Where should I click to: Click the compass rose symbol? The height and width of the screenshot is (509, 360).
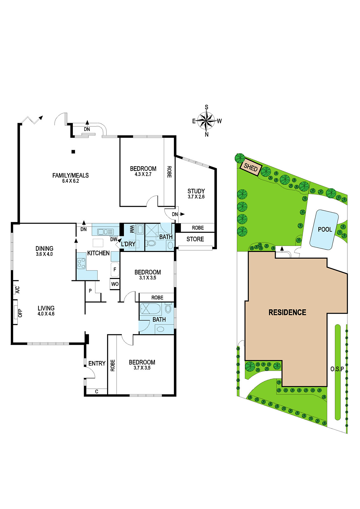pos(206,121)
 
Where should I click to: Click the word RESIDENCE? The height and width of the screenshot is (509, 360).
pos(287,313)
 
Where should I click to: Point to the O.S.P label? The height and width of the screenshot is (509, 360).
pos(337,369)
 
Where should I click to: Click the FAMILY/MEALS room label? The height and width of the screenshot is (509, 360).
pos(70,175)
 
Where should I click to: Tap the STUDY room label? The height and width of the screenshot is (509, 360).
pos(196,191)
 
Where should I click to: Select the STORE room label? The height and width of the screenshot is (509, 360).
pos(195,239)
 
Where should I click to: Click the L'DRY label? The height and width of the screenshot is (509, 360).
pos(128,244)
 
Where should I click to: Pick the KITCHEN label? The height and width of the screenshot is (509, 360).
pos(98,253)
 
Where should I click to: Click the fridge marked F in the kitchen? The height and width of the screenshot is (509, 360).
pos(115,270)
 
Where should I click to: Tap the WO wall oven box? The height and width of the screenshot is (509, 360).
pos(115,284)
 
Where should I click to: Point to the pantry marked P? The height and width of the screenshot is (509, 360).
pos(90,291)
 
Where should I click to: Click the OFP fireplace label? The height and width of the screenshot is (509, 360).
pos(20,313)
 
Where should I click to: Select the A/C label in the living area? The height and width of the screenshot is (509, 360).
pos(18,290)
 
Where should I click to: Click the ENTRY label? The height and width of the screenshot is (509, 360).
pos(97,363)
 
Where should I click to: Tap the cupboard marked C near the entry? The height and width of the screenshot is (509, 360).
pos(97,392)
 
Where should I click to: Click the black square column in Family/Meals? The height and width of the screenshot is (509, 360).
pos(73,151)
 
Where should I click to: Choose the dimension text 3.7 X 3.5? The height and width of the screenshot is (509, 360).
pos(142,368)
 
